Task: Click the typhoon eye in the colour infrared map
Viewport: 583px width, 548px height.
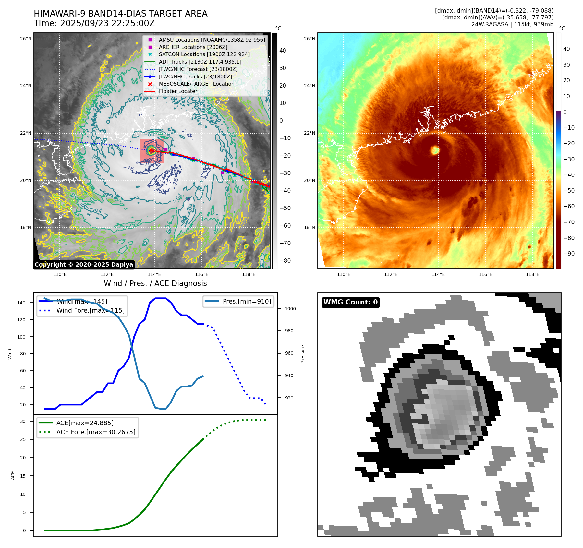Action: pos(435,150)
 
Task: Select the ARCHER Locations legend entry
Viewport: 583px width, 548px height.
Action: pos(193,47)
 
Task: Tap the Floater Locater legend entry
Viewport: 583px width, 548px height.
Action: pos(178,91)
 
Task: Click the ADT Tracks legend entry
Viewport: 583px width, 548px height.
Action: pos(200,62)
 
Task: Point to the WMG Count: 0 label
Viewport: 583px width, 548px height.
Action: pos(350,302)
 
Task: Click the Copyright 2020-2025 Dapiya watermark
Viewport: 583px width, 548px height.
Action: pos(84,265)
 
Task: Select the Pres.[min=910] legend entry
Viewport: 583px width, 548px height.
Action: pos(247,301)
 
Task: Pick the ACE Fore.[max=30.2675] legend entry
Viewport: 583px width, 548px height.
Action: pos(96,432)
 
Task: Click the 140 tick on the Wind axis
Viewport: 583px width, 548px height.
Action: pos(21,303)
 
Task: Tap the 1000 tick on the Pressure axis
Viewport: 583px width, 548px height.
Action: pos(290,309)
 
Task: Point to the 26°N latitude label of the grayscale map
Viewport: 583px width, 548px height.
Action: pos(26,39)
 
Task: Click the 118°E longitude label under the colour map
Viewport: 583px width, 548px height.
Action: pos(532,274)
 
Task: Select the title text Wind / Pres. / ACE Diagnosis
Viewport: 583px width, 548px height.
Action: pos(155,283)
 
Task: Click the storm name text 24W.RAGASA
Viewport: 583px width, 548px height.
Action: pos(490,24)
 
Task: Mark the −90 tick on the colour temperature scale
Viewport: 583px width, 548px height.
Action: pos(569,254)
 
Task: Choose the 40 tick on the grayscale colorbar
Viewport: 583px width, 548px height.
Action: pos(283,51)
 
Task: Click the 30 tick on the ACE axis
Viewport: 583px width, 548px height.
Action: pos(23,421)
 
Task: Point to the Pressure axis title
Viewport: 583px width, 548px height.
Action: pos(303,354)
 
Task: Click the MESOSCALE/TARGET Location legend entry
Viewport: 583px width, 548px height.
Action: pos(196,84)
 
